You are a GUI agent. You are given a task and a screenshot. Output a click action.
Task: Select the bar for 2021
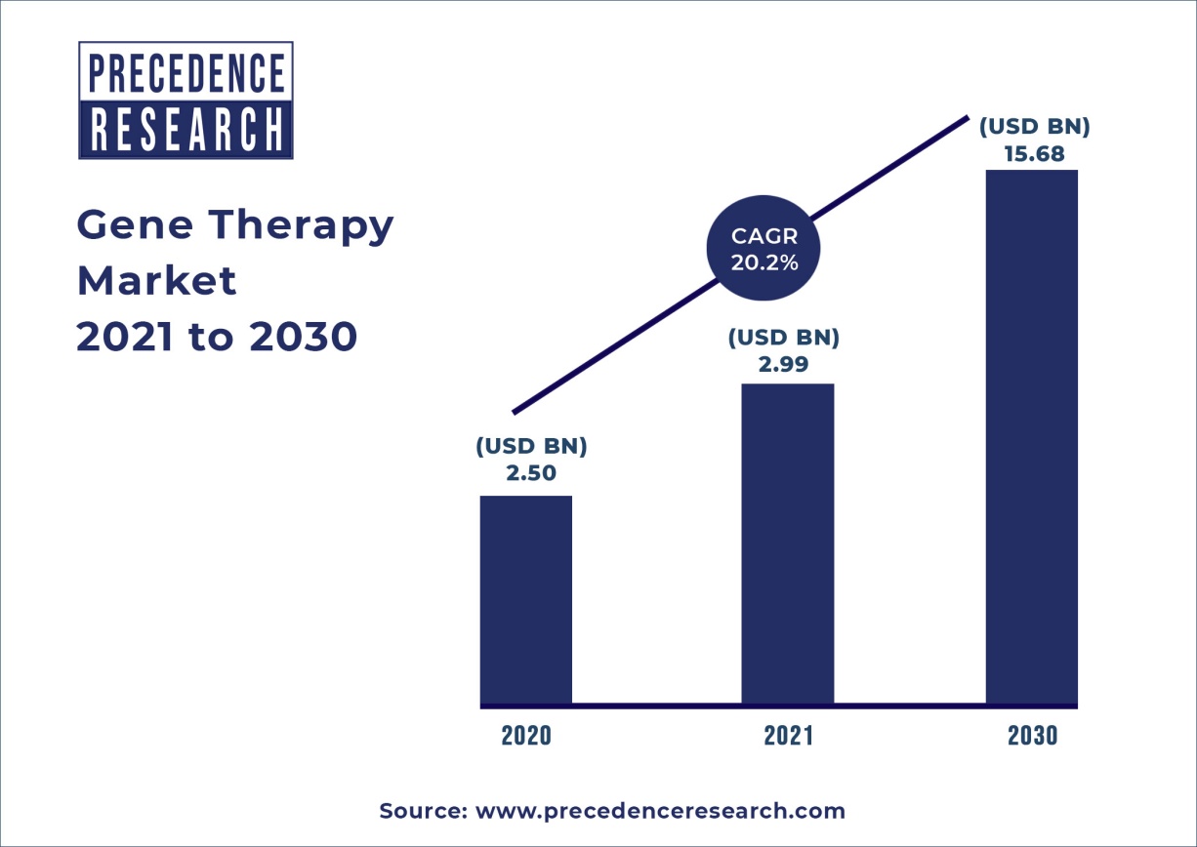tap(787, 543)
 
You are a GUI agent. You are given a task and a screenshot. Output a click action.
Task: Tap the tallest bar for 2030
tap(1031, 436)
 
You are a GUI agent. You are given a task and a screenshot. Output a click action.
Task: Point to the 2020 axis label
tap(526, 736)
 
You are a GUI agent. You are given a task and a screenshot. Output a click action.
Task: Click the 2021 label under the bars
tap(788, 736)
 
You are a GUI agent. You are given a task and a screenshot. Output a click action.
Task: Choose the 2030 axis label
tap(1032, 736)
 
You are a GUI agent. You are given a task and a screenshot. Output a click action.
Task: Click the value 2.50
tap(531, 474)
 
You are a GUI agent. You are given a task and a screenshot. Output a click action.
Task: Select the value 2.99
tap(784, 364)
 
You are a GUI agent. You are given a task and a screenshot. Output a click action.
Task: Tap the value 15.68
tap(1034, 153)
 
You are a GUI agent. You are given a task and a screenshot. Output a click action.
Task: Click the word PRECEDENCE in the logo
tap(186, 73)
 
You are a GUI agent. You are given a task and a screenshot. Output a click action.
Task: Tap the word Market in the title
tap(156, 281)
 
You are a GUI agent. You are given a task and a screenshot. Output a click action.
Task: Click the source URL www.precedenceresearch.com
tap(660, 811)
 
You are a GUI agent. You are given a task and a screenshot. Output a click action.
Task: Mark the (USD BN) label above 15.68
tap(1034, 127)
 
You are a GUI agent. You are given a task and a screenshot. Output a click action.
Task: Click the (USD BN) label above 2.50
tap(531, 447)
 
